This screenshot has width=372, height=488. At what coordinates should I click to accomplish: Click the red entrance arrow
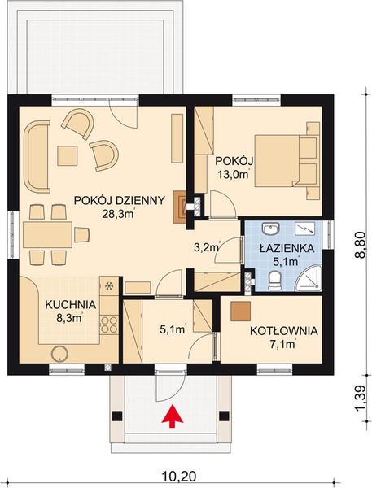click(x=172, y=416)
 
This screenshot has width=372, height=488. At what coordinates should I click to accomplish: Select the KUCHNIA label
click(x=71, y=304)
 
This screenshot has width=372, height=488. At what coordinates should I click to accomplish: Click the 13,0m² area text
click(x=232, y=173)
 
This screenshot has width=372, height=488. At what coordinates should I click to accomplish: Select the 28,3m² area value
click(x=117, y=215)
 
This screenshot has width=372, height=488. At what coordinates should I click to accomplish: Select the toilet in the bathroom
click(x=274, y=281)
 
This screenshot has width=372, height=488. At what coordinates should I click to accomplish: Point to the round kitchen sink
click(x=59, y=353)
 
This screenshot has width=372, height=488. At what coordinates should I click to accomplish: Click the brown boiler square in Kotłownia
click(x=240, y=311)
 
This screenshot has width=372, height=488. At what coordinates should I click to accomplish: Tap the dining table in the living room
click(x=46, y=236)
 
